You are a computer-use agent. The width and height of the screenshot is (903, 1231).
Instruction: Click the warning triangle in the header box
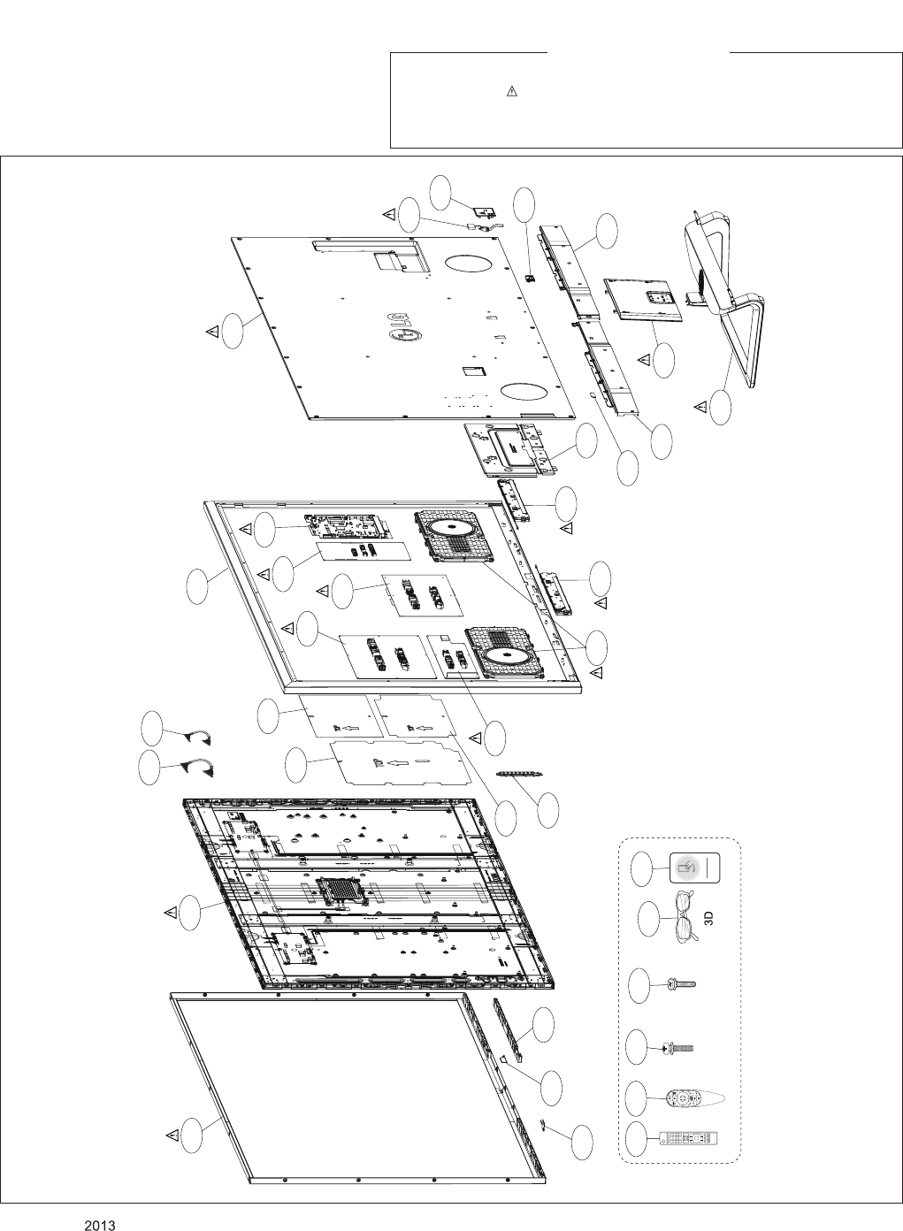tap(511, 92)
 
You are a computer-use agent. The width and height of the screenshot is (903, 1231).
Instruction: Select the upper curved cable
tap(195, 737)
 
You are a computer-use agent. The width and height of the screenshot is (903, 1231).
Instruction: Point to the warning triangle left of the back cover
tap(212, 331)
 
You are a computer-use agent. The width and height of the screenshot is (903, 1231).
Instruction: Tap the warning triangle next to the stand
tap(700, 406)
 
